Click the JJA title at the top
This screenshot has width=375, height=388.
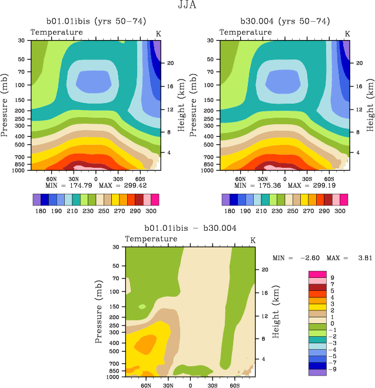pyautogui.click(x=187, y=6)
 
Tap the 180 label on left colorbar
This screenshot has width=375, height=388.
pyautogui.click(x=40, y=211)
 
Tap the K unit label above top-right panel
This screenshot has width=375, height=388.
pyautogui.click(x=347, y=34)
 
